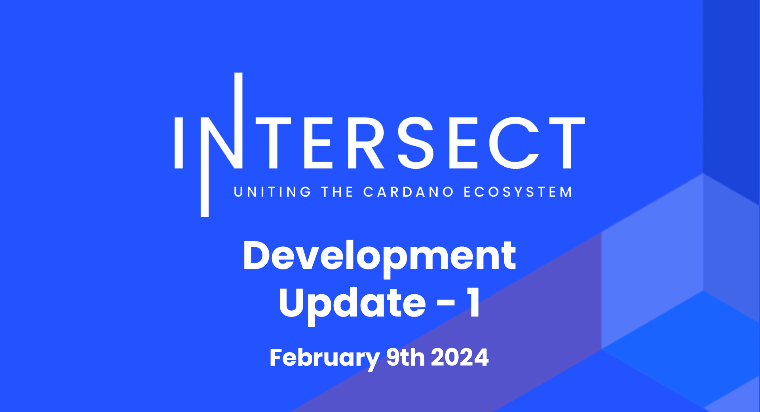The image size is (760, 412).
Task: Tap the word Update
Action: (x=352, y=303)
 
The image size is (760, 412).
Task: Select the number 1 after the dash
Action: (x=473, y=303)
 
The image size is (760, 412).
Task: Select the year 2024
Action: (x=460, y=357)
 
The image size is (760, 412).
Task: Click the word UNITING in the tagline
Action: (x=273, y=192)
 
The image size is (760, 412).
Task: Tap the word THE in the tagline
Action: (x=337, y=192)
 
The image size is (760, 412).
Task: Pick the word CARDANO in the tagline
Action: (x=408, y=192)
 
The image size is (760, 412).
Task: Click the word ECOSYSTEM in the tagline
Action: (x=518, y=192)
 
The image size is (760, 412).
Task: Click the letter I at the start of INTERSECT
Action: (x=179, y=143)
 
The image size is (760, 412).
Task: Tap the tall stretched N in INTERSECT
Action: (x=222, y=145)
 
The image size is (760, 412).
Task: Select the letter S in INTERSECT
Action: (x=416, y=143)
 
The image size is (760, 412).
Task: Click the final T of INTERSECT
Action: (x=567, y=143)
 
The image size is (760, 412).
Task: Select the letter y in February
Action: (x=370, y=360)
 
